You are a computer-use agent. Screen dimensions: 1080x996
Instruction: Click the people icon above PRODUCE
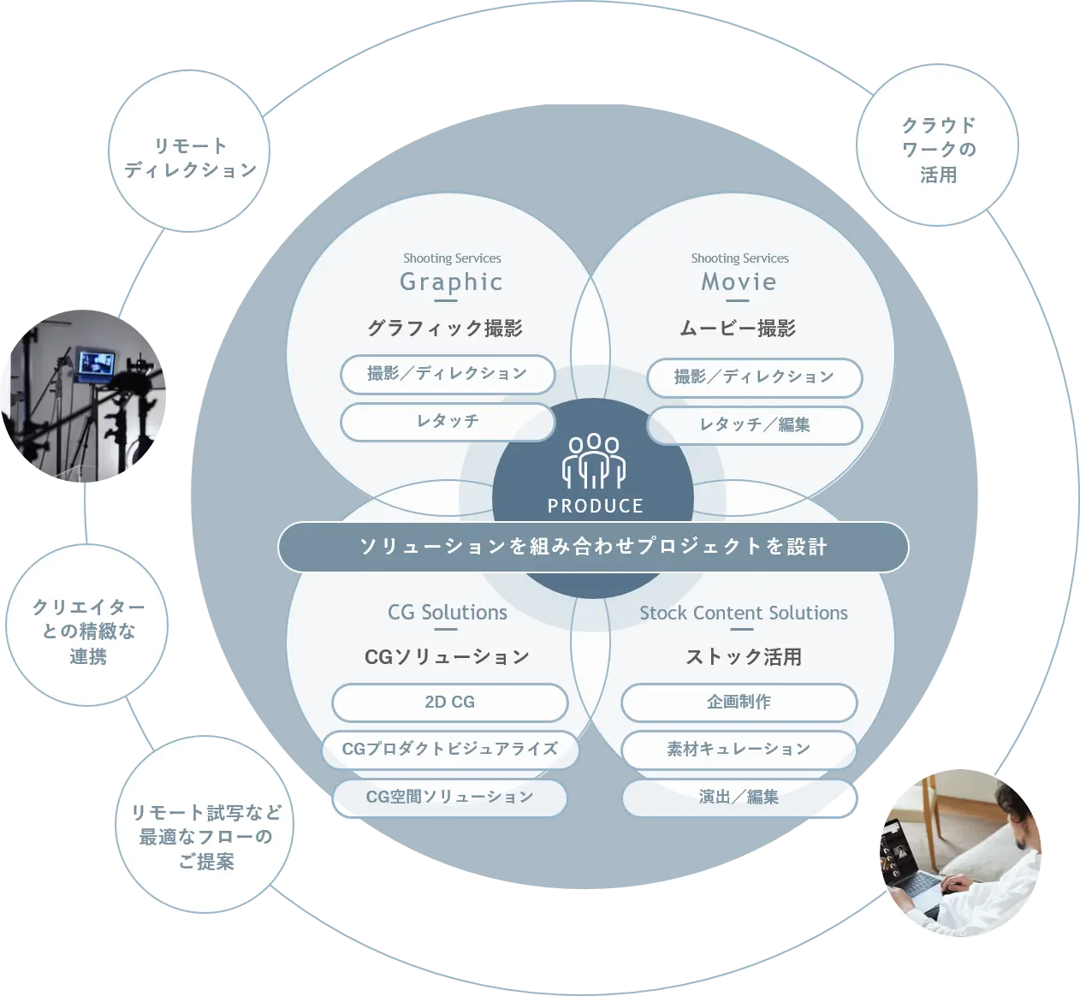tap(594, 461)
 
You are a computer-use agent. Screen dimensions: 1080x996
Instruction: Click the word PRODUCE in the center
tap(596, 506)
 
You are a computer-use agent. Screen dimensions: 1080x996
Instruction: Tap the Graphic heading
tap(451, 282)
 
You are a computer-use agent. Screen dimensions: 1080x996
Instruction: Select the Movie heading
tap(739, 282)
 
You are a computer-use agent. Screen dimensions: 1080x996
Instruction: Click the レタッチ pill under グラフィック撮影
tap(448, 422)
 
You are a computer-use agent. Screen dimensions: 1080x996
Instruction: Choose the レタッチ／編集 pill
tap(754, 424)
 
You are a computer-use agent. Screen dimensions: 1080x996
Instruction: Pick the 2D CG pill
tap(450, 703)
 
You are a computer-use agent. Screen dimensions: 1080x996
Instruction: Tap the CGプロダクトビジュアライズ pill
tap(450, 749)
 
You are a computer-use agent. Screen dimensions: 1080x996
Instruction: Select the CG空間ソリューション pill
tap(450, 797)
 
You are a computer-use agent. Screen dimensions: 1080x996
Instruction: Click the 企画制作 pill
tap(739, 703)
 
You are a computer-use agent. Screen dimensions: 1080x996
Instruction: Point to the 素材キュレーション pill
tap(739, 749)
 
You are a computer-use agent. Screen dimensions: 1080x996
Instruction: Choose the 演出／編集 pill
tap(739, 797)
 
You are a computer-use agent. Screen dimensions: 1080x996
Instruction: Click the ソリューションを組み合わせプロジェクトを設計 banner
tap(593, 547)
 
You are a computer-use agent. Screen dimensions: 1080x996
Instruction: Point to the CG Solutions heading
tap(447, 613)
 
